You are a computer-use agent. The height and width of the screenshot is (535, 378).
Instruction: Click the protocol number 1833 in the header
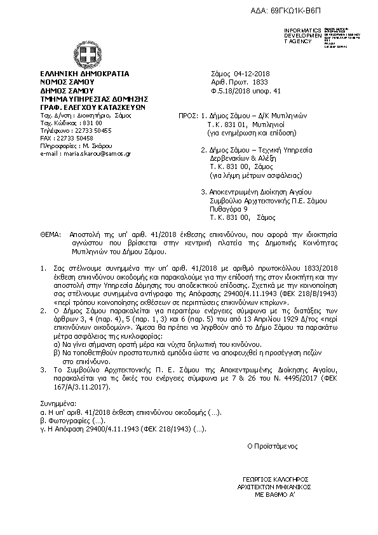pyautogui.click(x=260, y=82)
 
